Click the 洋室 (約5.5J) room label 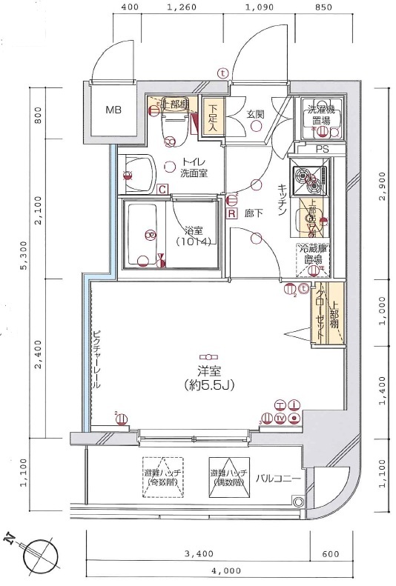(x=210, y=377)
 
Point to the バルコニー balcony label (x=278, y=479)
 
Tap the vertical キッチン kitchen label (x=283, y=200)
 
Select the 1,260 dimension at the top (x=182, y=8)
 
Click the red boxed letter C (x=162, y=189)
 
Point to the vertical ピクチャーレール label (x=96, y=359)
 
